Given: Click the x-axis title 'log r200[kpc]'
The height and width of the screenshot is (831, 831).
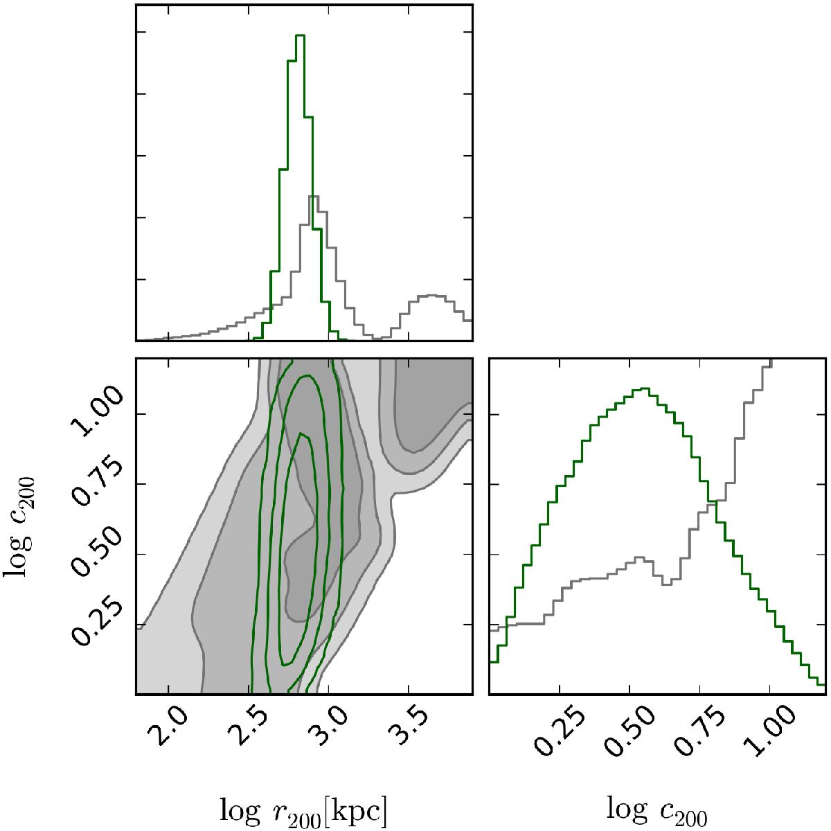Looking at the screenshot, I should point(303,807).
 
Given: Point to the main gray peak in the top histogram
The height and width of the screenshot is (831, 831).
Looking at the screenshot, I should point(313,197).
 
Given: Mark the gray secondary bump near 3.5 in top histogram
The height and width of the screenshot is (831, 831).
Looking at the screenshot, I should point(431,296).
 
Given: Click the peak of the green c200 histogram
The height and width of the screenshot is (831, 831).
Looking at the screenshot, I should point(645,388).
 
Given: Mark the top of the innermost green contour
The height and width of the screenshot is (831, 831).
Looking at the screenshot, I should point(301,434).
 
